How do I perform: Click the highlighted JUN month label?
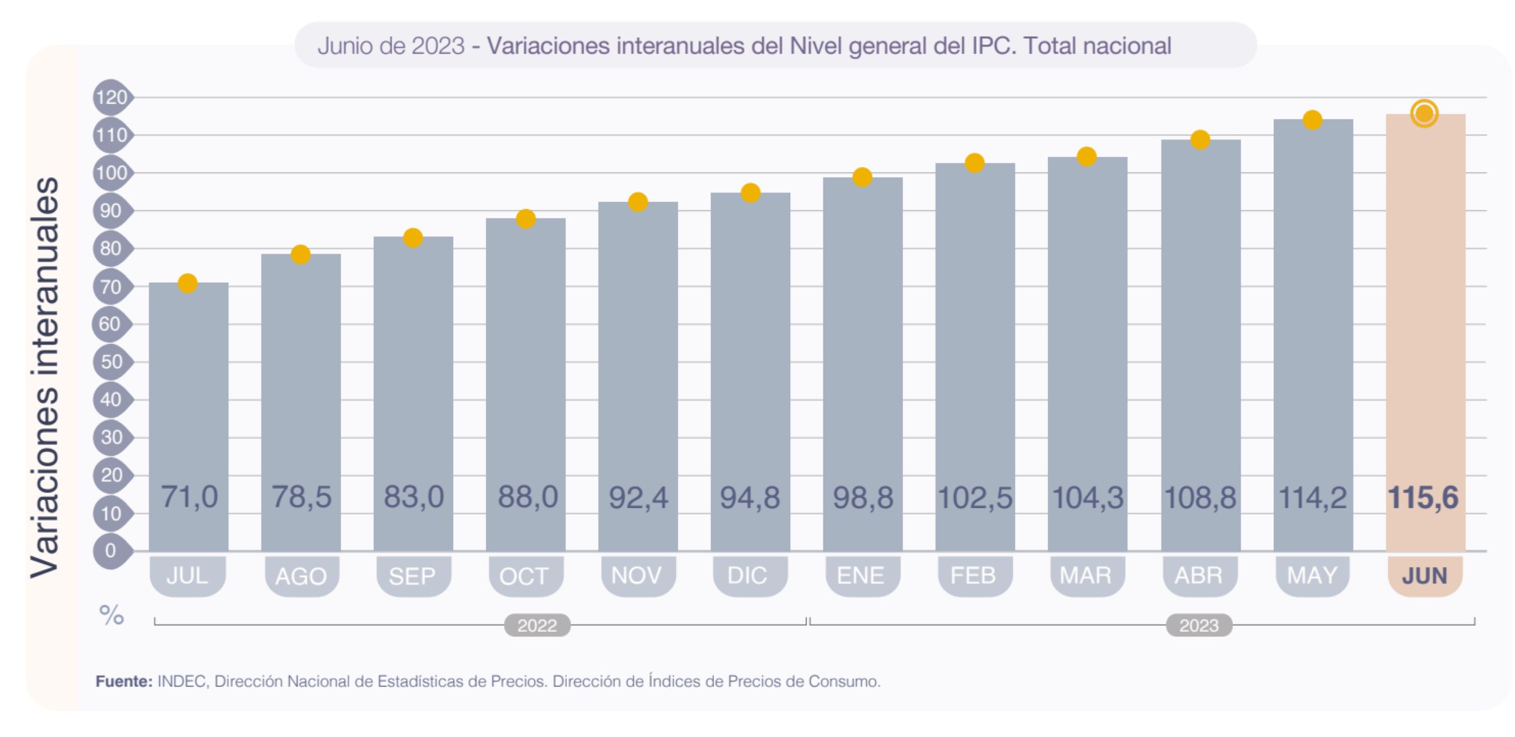tap(1424, 575)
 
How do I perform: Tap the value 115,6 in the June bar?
tap(1423, 498)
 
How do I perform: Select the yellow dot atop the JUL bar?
tap(187, 284)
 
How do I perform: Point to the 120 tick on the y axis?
tap(111, 98)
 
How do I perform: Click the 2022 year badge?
tap(537, 625)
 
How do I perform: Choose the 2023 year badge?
tap(1199, 625)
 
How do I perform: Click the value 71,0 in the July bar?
tap(189, 497)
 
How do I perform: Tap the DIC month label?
tap(748, 575)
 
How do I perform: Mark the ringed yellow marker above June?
tap(1424, 114)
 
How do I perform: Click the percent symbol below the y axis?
tap(112, 615)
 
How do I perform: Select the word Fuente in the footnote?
tap(124, 681)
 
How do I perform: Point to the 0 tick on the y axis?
tap(111, 551)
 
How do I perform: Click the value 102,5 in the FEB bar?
tap(975, 498)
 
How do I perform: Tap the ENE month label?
tap(861, 575)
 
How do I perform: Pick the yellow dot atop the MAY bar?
tap(1312, 120)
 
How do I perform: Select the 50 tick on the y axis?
tap(111, 362)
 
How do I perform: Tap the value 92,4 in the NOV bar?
tap(638, 498)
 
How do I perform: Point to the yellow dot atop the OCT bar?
tap(526, 219)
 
